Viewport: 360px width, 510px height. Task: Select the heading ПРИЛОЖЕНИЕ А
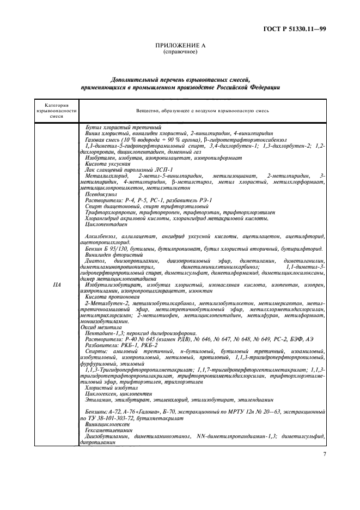pos(180,46)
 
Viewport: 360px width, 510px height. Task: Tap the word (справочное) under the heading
pos(180,52)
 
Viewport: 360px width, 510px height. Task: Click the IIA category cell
pos(57,284)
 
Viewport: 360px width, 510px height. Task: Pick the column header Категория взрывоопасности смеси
pos(57,111)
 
